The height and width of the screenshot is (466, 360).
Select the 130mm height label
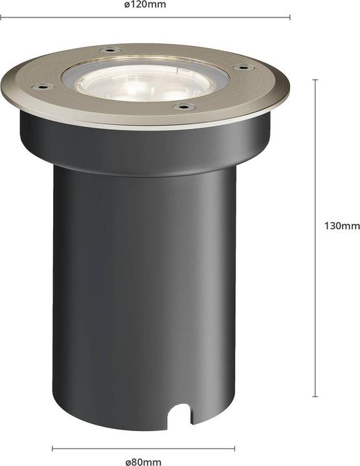pyautogui.click(x=341, y=226)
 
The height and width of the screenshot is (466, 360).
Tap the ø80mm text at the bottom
pyautogui.click(x=144, y=461)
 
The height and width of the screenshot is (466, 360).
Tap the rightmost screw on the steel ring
pyautogui.click(x=244, y=66)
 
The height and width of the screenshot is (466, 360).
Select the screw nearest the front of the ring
pyautogui.click(x=184, y=106)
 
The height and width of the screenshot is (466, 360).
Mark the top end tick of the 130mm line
pyautogui.click(x=315, y=80)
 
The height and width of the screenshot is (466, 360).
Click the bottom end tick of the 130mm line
pyautogui.click(x=315, y=396)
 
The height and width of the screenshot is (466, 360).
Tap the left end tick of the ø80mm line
pyautogui.click(x=52, y=448)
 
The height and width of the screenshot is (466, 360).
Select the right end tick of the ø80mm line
pyautogui.click(x=235, y=448)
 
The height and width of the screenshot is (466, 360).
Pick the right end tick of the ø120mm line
pyautogui.click(x=289, y=17)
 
